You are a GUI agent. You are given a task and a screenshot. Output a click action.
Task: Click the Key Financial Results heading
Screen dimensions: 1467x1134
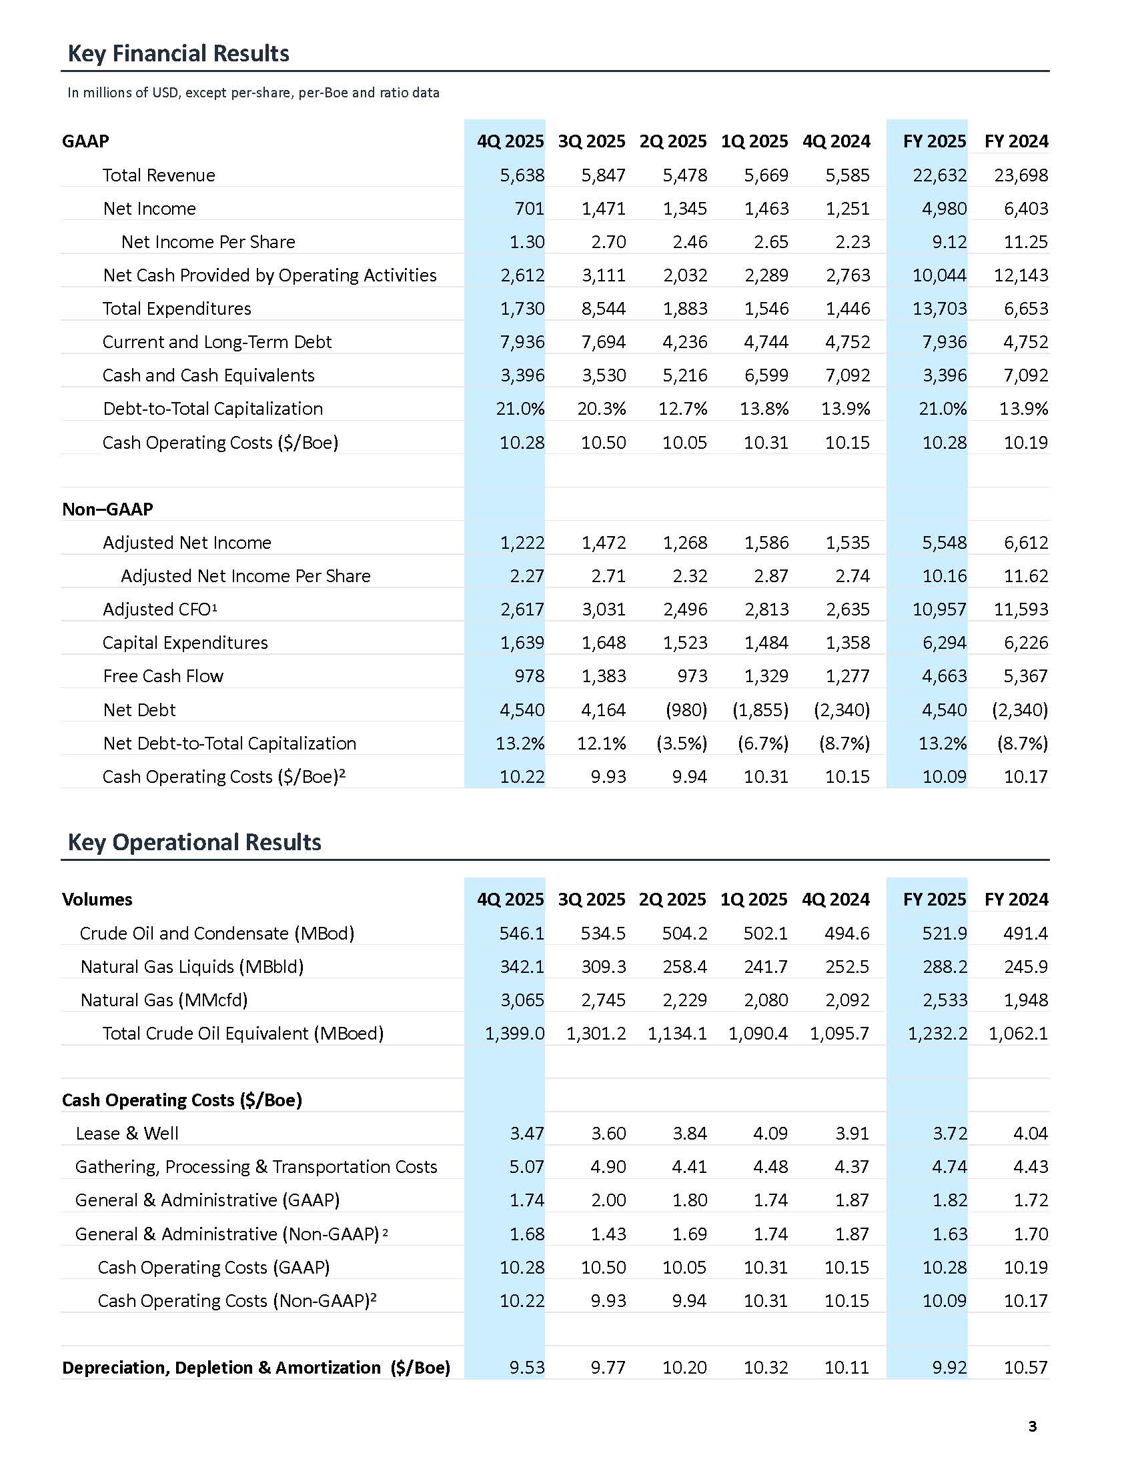click(178, 54)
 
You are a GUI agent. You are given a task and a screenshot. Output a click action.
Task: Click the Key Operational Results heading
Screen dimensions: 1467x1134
click(194, 842)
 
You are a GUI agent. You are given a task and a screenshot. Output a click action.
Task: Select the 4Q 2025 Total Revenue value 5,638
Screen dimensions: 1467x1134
click(522, 175)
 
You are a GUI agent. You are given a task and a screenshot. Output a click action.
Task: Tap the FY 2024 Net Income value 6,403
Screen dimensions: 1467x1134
click(1026, 209)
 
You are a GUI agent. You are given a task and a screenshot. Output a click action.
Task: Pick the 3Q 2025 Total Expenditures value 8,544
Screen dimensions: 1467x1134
click(603, 309)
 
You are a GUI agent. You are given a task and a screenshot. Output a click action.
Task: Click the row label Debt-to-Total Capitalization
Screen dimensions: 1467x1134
click(213, 409)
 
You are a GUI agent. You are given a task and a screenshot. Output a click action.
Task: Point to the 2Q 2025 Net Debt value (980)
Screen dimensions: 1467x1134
click(686, 710)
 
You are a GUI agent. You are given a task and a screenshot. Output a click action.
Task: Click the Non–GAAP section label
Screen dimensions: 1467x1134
click(107, 509)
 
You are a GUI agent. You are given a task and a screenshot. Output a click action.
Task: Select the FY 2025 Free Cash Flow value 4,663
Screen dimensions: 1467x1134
click(944, 676)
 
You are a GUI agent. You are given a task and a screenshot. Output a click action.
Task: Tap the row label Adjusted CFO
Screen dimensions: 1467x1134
click(160, 609)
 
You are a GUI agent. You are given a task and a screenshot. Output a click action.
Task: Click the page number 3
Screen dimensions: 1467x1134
click(1033, 1426)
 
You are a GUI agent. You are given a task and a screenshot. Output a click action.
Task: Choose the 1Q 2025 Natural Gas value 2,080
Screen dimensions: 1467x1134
click(766, 1000)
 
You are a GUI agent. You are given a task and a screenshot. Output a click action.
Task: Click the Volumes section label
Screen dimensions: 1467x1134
click(97, 900)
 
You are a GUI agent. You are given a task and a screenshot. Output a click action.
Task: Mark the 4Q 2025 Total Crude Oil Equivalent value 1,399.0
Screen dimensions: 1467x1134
click(514, 1034)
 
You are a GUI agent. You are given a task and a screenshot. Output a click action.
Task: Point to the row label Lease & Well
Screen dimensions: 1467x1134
click(127, 1134)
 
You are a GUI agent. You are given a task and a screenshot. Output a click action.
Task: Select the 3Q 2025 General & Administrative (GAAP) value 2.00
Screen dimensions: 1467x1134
click(608, 1200)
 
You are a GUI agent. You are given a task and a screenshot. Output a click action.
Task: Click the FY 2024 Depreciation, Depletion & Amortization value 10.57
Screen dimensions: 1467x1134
click(1025, 1368)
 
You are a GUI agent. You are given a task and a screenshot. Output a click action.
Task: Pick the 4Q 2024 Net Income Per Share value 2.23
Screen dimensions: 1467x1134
click(852, 242)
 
